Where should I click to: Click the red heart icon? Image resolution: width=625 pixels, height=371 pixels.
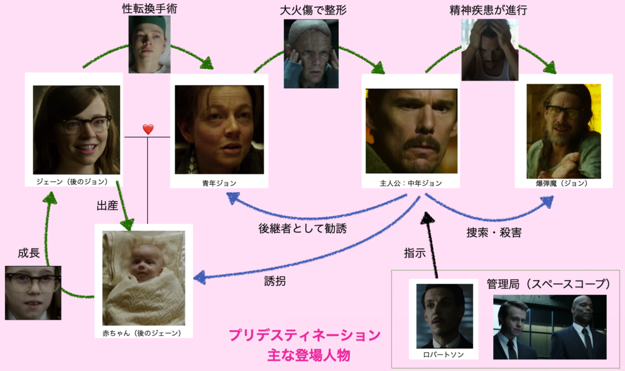click(148, 129)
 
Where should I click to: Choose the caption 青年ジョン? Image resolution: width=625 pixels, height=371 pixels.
click(219, 182)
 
